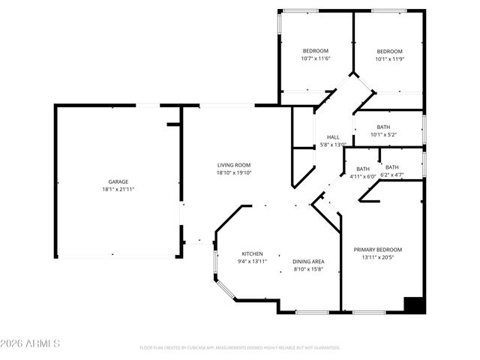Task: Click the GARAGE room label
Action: pyautogui.click(x=118, y=181)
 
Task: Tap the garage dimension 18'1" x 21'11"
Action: pyautogui.click(x=118, y=189)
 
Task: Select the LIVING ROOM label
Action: pyautogui.click(x=233, y=165)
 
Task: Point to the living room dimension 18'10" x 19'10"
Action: pyautogui.click(x=233, y=172)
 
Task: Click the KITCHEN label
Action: pyautogui.click(x=252, y=253)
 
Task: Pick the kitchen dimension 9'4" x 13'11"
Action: pyautogui.click(x=252, y=261)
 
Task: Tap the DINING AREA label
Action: pyautogui.click(x=307, y=261)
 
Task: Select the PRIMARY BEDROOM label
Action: pyautogui.click(x=378, y=250)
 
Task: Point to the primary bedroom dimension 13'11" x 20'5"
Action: pyautogui.click(x=378, y=257)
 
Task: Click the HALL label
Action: pyautogui.click(x=332, y=136)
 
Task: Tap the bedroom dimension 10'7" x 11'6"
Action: pyautogui.click(x=295, y=58)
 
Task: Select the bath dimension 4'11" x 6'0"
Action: pyautogui.click(x=363, y=176)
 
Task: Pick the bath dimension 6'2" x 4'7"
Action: pyautogui.click(x=392, y=175)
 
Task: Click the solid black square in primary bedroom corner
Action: pyautogui.click(x=414, y=305)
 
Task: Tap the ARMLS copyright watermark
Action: pyautogui.click(x=31, y=343)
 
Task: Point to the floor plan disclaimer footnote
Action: pyautogui.click(x=240, y=348)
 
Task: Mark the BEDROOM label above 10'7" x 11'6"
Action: pyautogui.click(x=295, y=51)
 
